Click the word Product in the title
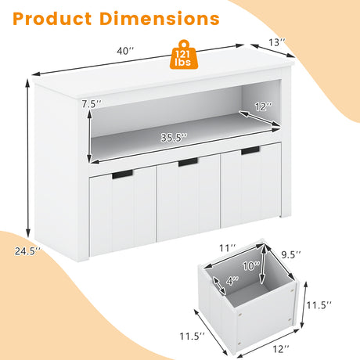[x=52, y=19]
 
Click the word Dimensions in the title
[x=160, y=19]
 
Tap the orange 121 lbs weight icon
[x=183, y=55]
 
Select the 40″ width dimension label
[x=125, y=51]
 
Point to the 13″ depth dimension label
[x=277, y=42]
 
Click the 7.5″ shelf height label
[x=92, y=104]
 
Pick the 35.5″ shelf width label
[x=174, y=138]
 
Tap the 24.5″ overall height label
[x=27, y=251]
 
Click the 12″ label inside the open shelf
[x=264, y=106]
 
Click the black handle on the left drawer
[x=122, y=175]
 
